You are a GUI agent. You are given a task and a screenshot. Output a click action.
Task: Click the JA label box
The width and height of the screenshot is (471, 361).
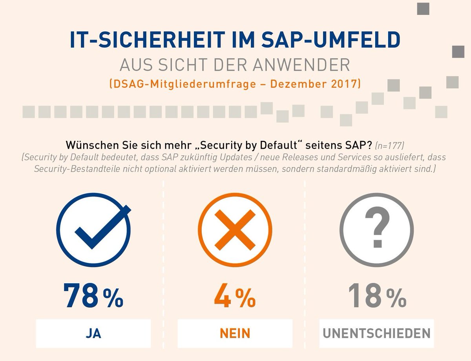coord(93,334)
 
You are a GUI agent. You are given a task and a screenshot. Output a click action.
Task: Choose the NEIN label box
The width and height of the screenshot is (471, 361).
coord(235,334)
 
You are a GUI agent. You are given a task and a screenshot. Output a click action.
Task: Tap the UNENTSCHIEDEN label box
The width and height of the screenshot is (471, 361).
coord(376,334)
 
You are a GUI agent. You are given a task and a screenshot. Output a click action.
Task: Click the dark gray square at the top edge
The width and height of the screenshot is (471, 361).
coord(423,8)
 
